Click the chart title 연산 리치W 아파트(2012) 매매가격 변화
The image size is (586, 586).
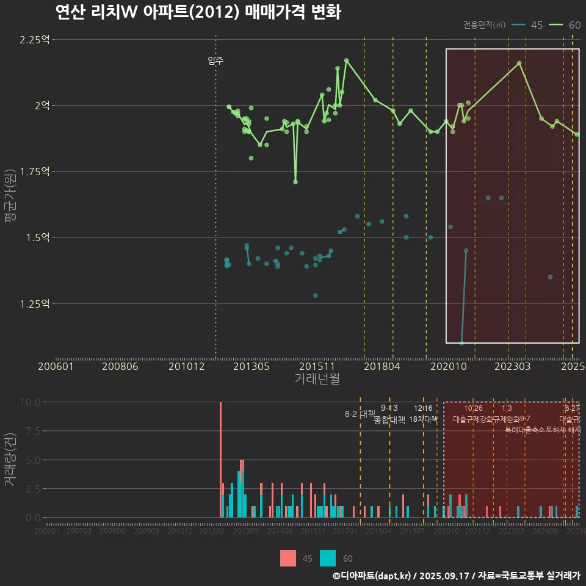pyautogui.click(x=198, y=12)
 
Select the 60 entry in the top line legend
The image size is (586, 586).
pyautogui.click(x=565, y=25)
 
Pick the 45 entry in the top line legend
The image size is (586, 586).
pyautogui.click(x=528, y=25)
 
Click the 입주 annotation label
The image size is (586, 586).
pyautogui.click(x=215, y=60)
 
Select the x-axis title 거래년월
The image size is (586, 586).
pyautogui.click(x=317, y=378)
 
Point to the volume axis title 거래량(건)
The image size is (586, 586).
pyautogui.click(x=10, y=460)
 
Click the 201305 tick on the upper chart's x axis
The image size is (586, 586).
pyautogui.click(x=251, y=367)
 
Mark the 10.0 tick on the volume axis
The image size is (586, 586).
pyautogui.click(x=29, y=402)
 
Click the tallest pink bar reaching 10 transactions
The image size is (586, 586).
pyautogui.click(x=220, y=460)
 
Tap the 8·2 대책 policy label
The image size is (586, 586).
pyautogui.click(x=360, y=414)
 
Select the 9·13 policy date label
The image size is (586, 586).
pyautogui.click(x=389, y=408)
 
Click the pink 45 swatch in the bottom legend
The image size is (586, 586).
pyautogui.click(x=288, y=558)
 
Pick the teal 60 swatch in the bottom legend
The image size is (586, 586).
pyautogui.click(x=328, y=558)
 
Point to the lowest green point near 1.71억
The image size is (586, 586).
pyautogui.click(x=295, y=182)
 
